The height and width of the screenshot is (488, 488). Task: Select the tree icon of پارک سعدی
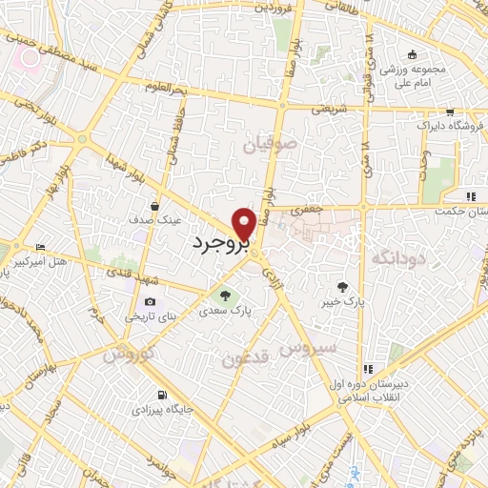click(x=225, y=295)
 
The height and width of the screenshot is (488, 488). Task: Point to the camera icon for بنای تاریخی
click(x=150, y=302)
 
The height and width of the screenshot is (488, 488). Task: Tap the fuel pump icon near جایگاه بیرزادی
click(x=162, y=396)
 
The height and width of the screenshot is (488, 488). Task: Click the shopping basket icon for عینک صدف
click(x=154, y=206)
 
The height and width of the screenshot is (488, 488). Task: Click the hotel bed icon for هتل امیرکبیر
click(x=39, y=246)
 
